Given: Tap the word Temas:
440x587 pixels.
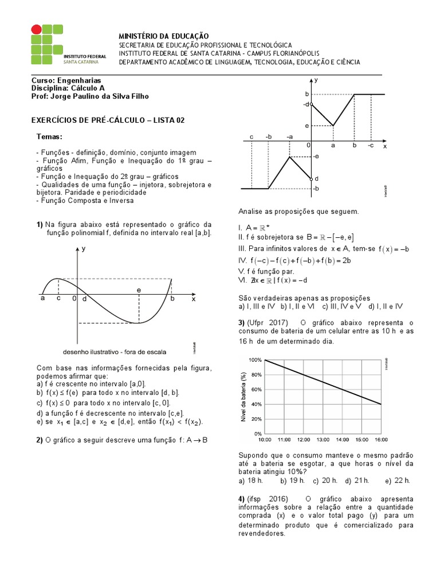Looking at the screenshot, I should coord(49,136).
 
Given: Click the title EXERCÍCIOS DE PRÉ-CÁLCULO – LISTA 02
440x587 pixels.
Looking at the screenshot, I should coord(107,120).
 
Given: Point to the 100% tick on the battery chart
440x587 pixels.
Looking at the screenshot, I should coord(255,360).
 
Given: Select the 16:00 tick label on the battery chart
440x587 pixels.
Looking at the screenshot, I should coord(380,440).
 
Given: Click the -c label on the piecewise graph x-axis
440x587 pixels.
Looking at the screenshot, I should coord(371,146).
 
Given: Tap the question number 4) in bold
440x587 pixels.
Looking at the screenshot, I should coord(241,499).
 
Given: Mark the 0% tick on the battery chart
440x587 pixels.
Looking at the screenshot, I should coord(257,434).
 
